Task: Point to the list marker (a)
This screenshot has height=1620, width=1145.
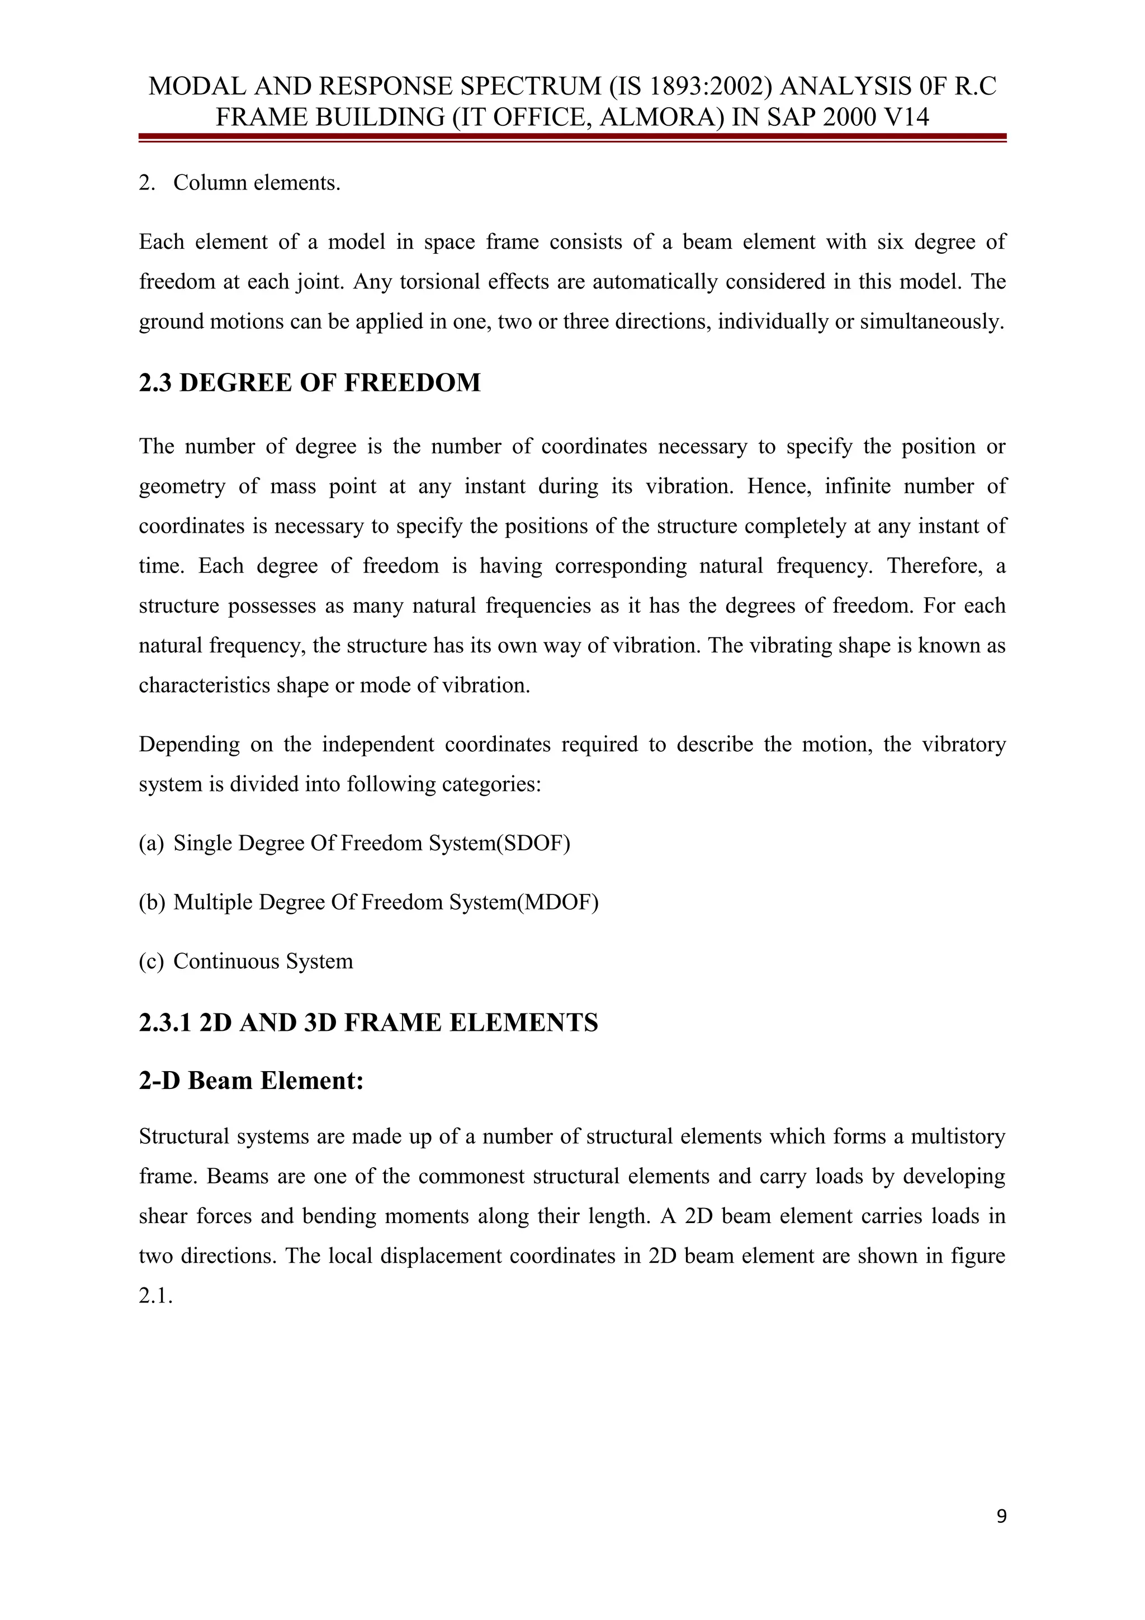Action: [151, 843]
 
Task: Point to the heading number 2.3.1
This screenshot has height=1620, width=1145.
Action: [165, 1022]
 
